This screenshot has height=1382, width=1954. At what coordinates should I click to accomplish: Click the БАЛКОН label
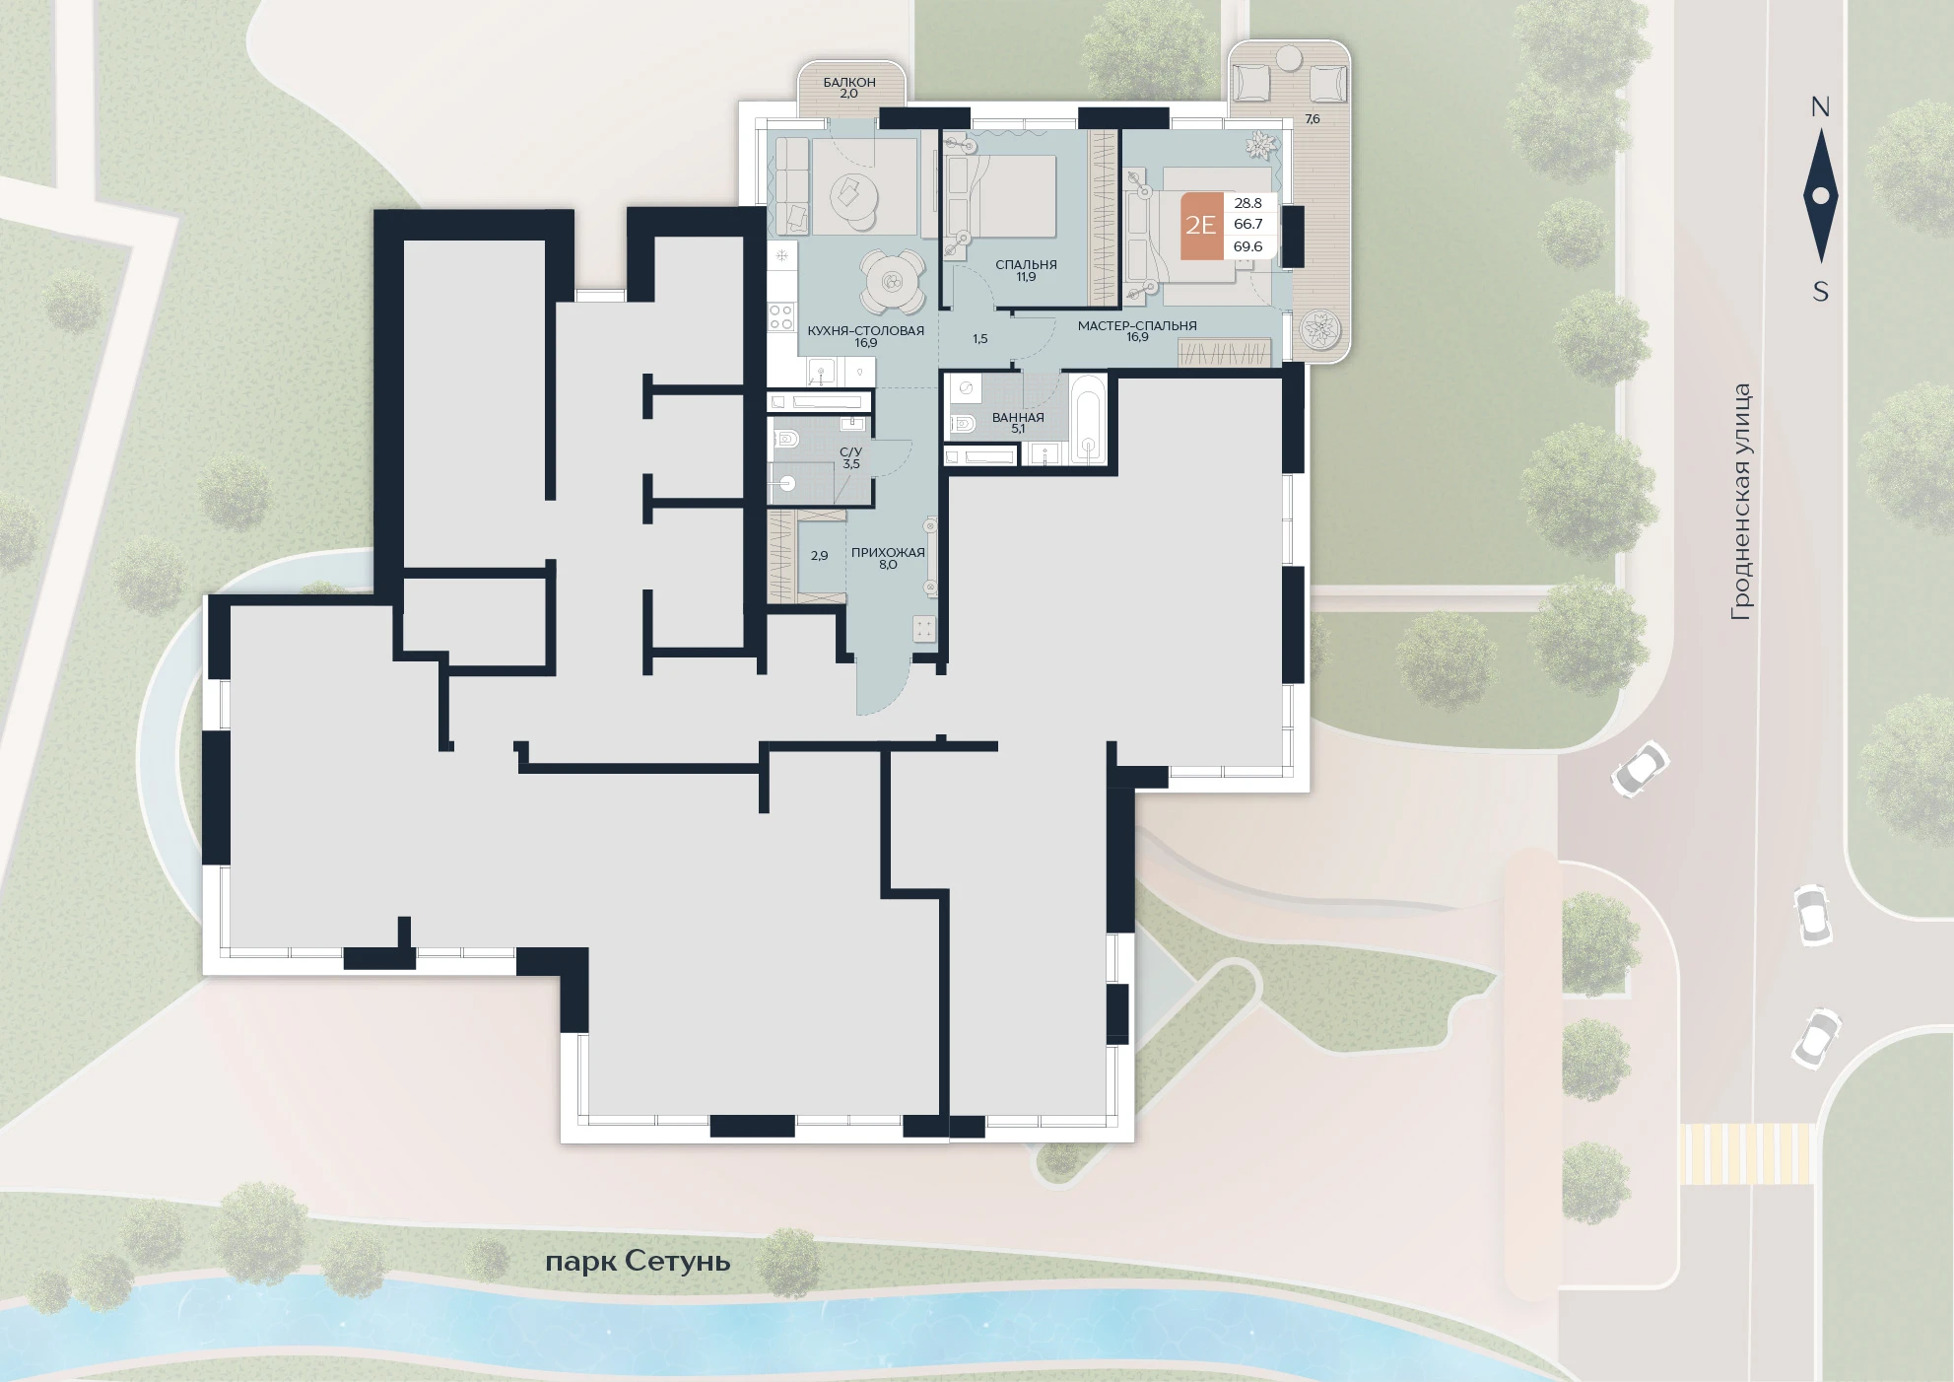(849, 82)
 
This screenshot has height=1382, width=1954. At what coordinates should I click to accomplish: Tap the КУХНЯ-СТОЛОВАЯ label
(865, 330)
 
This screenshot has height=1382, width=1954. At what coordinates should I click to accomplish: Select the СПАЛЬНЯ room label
(1026, 264)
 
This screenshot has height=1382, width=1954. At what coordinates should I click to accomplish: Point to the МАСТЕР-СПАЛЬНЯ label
(1137, 325)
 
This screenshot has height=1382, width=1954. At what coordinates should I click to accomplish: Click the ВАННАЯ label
(1018, 417)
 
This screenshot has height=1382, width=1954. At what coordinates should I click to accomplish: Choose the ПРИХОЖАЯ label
(888, 552)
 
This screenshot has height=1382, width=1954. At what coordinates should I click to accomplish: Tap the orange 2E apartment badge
(1201, 226)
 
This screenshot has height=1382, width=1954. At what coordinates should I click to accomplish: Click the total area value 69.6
(1247, 246)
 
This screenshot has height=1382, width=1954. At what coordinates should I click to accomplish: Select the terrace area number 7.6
(1312, 118)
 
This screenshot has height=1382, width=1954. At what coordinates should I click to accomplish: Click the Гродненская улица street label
(1742, 502)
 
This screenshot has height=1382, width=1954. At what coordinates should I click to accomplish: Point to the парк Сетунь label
(638, 1261)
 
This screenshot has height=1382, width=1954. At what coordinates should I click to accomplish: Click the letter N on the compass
(1820, 107)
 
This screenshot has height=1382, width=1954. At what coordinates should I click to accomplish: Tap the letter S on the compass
(1821, 292)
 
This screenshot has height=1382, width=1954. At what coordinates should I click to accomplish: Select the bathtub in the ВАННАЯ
(1088, 419)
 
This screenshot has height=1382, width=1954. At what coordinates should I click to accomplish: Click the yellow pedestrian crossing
(1746, 1153)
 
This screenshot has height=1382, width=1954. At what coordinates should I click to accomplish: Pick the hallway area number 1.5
(979, 338)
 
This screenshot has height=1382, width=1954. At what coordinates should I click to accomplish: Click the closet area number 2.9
(819, 555)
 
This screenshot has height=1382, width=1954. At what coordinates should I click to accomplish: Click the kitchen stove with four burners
(781, 316)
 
